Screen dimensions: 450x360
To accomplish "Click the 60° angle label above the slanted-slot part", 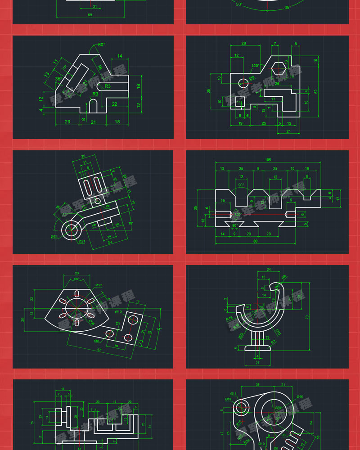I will point(101,45).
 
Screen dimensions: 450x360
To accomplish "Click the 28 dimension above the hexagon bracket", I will point(243,43).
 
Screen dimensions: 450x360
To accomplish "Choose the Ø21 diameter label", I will point(82,242).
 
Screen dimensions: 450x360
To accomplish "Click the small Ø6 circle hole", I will point(97,201).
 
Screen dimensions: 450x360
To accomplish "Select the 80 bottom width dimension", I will point(256,242).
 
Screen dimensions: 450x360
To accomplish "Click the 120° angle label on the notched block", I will point(237,215).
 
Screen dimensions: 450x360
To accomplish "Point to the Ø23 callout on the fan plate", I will point(99,285).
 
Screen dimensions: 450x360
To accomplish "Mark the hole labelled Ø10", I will point(132,320).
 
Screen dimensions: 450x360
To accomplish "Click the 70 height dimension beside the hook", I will point(307,317).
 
